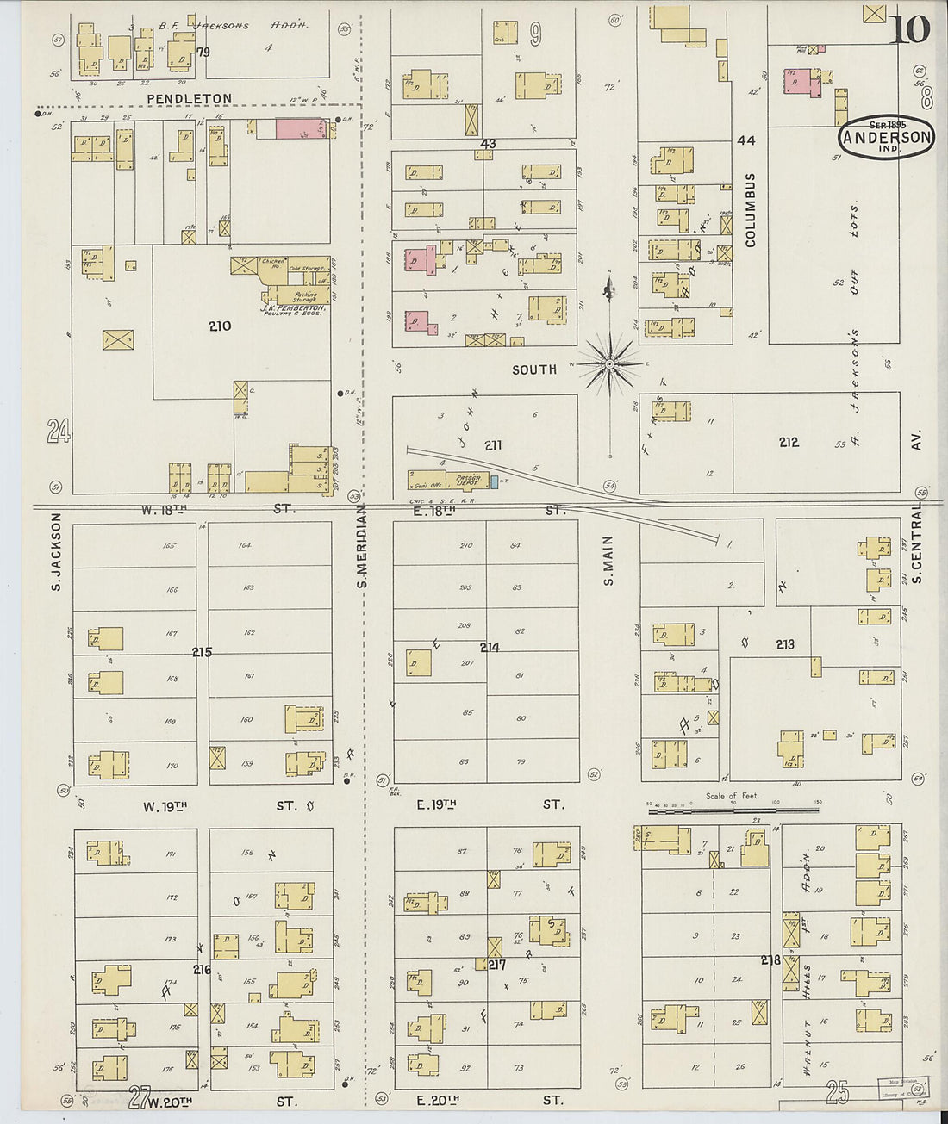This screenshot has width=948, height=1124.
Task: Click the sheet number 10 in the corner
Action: coord(910,28)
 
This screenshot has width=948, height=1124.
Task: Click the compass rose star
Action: coord(609,365)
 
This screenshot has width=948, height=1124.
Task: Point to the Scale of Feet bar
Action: coord(733,809)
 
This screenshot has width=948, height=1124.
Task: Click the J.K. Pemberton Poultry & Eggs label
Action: coord(294,310)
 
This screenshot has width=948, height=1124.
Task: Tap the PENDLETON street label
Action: coord(189,99)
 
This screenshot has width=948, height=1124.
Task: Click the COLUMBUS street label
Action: coord(750,210)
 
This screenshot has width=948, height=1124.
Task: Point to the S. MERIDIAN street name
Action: coord(362,547)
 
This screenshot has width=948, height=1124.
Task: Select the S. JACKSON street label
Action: coord(57,551)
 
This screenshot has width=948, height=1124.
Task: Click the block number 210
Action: coord(220,326)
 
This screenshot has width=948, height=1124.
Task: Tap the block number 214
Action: coord(490,647)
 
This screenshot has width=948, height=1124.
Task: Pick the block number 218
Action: coord(770,959)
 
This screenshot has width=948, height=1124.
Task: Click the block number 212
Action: coord(789,442)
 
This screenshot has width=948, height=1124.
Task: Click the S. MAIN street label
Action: coord(608,561)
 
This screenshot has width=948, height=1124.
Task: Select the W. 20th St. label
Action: coord(220,1101)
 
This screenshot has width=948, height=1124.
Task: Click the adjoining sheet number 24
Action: coord(59,431)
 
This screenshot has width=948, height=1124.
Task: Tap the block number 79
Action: coord(203,53)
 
